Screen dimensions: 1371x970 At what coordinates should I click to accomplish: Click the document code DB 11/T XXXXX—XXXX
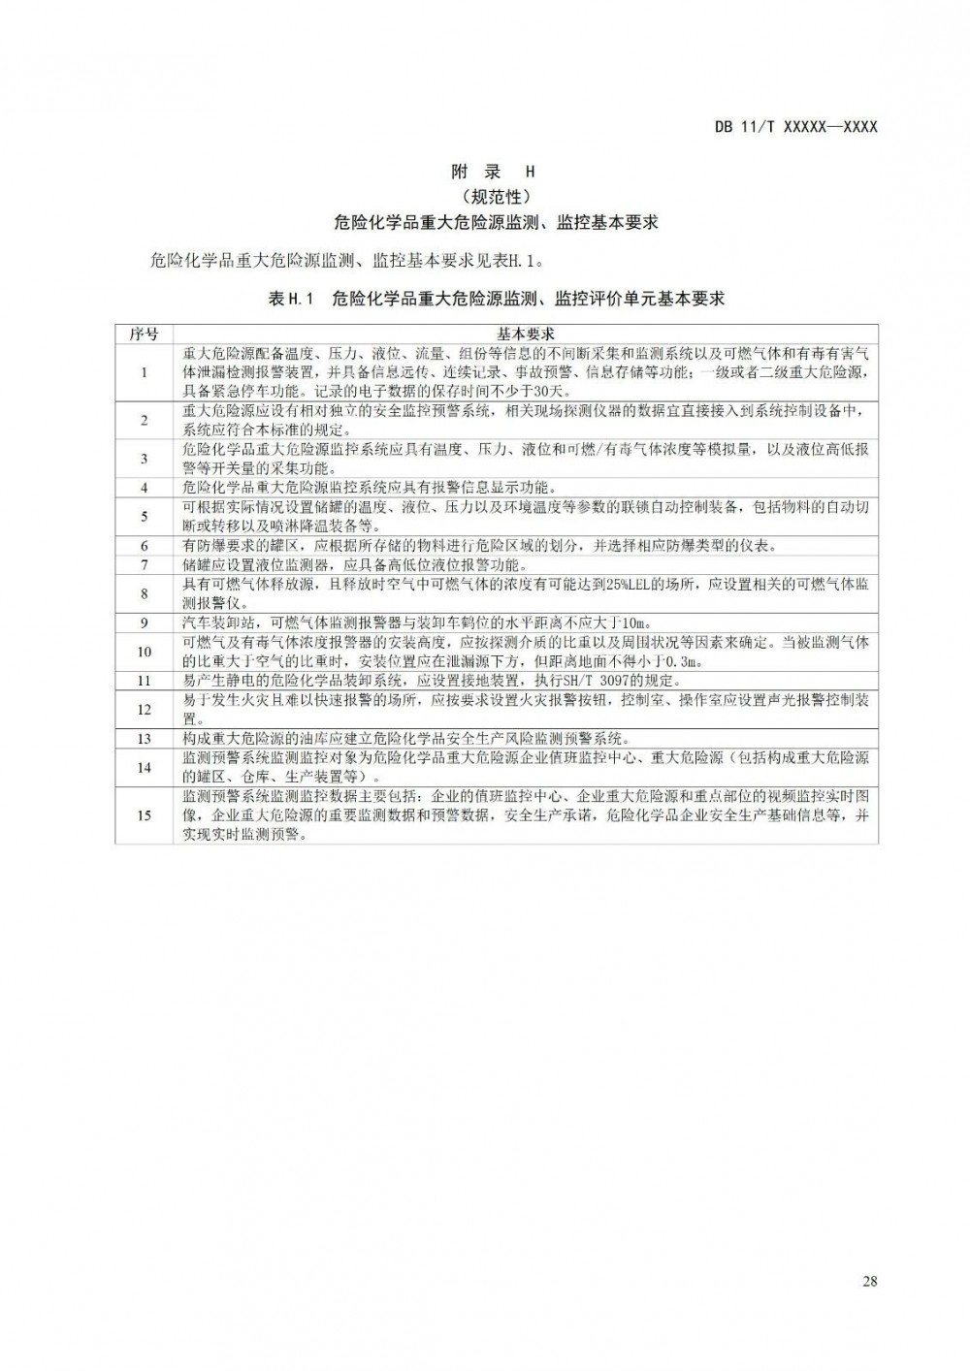[795, 126]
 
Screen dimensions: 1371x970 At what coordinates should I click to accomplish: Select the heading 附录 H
[494, 172]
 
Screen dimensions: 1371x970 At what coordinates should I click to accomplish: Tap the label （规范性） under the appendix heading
[494, 197]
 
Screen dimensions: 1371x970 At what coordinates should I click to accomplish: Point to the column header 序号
[144, 334]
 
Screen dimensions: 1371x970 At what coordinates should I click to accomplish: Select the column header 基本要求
[525, 334]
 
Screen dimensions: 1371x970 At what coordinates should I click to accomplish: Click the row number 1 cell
[144, 372]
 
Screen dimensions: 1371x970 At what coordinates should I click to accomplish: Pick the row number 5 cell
[144, 516]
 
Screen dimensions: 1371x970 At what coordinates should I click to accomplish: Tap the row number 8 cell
[144, 592]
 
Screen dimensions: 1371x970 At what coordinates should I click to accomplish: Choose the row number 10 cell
[144, 652]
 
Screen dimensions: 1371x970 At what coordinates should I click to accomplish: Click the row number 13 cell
[144, 738]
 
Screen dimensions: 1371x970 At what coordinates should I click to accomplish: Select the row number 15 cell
[144, 814]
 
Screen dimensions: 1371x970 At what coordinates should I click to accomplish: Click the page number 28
[869, 1281]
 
